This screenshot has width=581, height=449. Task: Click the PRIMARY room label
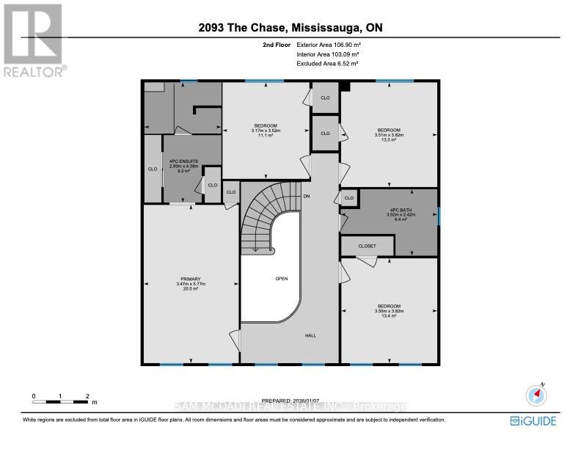[190, 283]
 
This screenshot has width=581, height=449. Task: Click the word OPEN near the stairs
[281, 279]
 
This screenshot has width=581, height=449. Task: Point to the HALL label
[310, 335]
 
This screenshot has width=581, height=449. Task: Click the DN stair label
[307, 196]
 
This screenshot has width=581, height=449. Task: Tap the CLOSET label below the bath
[368, 246]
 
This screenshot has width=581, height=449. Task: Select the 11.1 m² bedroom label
[266, 131]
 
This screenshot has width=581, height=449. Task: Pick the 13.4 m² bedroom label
[389, 311]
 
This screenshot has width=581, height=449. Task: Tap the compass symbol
[537, 395]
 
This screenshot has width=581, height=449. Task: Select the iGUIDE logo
[533, 420]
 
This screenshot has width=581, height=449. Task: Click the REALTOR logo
[33, 40]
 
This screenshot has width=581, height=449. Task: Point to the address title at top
[290, 29]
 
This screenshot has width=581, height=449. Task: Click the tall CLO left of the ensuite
[153, 169]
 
